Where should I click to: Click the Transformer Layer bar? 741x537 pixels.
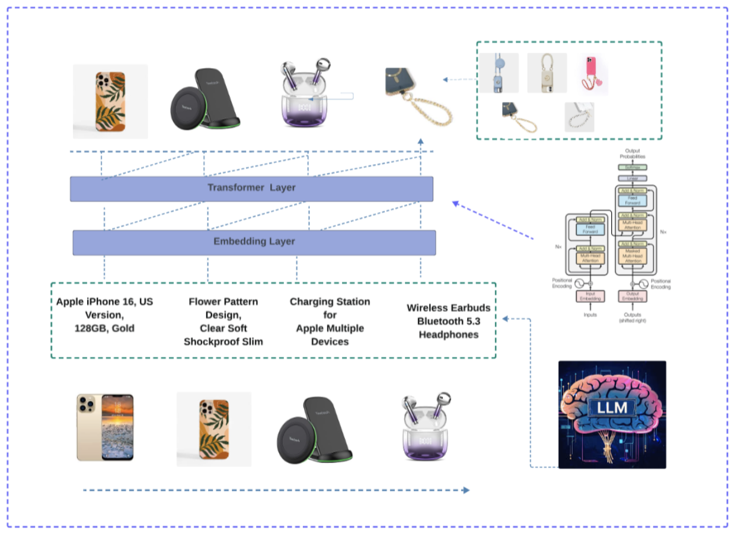pos(251,188)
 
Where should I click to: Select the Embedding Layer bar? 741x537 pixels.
pos(254,242)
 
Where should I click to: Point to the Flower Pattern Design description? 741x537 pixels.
pos(223,321)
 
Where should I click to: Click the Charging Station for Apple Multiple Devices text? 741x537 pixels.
pos(330,321)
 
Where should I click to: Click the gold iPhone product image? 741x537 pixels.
pos(105,427)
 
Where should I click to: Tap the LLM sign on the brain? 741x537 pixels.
pos(611,407)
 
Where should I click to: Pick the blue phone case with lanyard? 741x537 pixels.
pos(499,73)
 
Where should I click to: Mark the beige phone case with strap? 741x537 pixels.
pos(547,73)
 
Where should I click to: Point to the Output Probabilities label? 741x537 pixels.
pos(633,154)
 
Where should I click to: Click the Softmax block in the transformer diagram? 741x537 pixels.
pos(633,168)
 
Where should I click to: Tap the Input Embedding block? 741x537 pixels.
pos(589,296)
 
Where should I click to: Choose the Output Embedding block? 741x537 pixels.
pos(633,296)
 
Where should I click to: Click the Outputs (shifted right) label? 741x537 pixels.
pos(633,318)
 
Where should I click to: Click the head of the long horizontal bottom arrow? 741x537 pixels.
pos(467,490)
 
